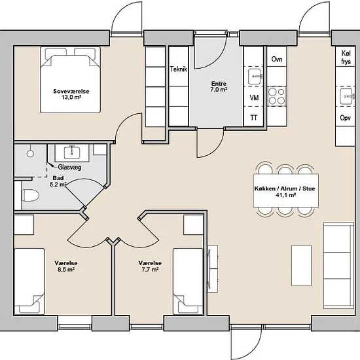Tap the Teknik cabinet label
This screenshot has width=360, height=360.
179,69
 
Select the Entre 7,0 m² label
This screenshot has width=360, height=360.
219,86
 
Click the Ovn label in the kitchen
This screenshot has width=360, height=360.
277,59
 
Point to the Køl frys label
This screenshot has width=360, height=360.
346,58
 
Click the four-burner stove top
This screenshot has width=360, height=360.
277,96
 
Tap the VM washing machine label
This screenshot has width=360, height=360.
254,98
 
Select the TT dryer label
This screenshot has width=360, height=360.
254,118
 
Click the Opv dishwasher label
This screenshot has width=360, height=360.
346,118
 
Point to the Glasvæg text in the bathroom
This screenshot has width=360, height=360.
69,167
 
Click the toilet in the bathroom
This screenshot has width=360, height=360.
30,196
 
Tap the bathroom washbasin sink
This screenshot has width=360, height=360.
72,153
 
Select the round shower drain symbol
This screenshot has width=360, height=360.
30,153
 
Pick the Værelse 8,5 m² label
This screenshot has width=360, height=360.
66,266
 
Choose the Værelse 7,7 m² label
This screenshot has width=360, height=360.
150,266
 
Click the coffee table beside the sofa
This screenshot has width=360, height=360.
302,265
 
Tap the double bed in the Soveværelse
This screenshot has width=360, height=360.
70,80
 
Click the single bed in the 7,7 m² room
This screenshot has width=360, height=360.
188,281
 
